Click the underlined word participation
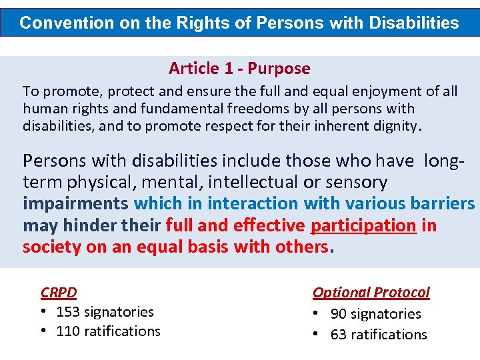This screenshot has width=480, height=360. click(364, 225)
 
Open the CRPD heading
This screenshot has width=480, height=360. click(59, 292)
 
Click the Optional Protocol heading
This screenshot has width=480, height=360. click(371, 292)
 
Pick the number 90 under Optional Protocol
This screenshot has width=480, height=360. click(339, 314)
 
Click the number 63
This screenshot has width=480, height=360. click(339, 335)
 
